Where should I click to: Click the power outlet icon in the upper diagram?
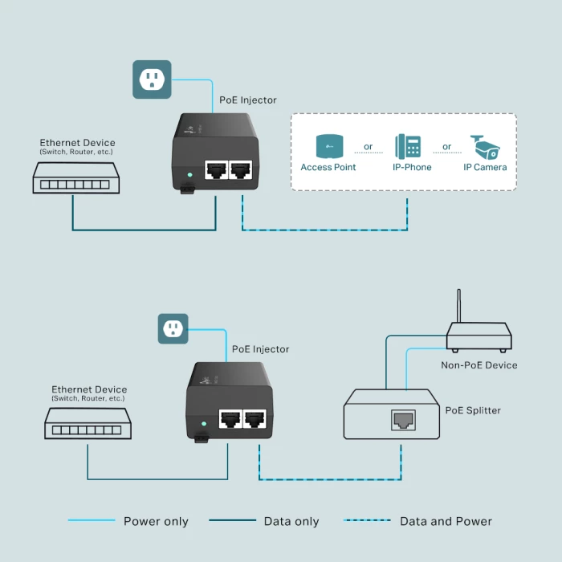[x=152, y=79]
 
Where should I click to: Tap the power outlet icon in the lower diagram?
[x=173, y=328]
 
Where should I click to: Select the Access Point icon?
[x=328, y=145]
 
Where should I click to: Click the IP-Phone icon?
[x=408, y=146]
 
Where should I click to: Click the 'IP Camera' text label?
[x=485, y=167]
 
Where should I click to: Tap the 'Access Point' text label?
[x=328, y=167]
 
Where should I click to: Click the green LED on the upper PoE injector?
[x=189, y=173]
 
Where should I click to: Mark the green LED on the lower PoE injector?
[x=204, y=423]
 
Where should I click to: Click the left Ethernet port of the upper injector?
[x=216, y=169]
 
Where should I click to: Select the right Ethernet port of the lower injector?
[x=256, y=419]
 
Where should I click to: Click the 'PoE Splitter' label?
[x=473, y=410]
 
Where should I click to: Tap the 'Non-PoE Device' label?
[x=479, y=364]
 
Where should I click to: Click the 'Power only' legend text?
[x=156, y=521]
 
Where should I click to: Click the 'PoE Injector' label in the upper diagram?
[x=248, y=100]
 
